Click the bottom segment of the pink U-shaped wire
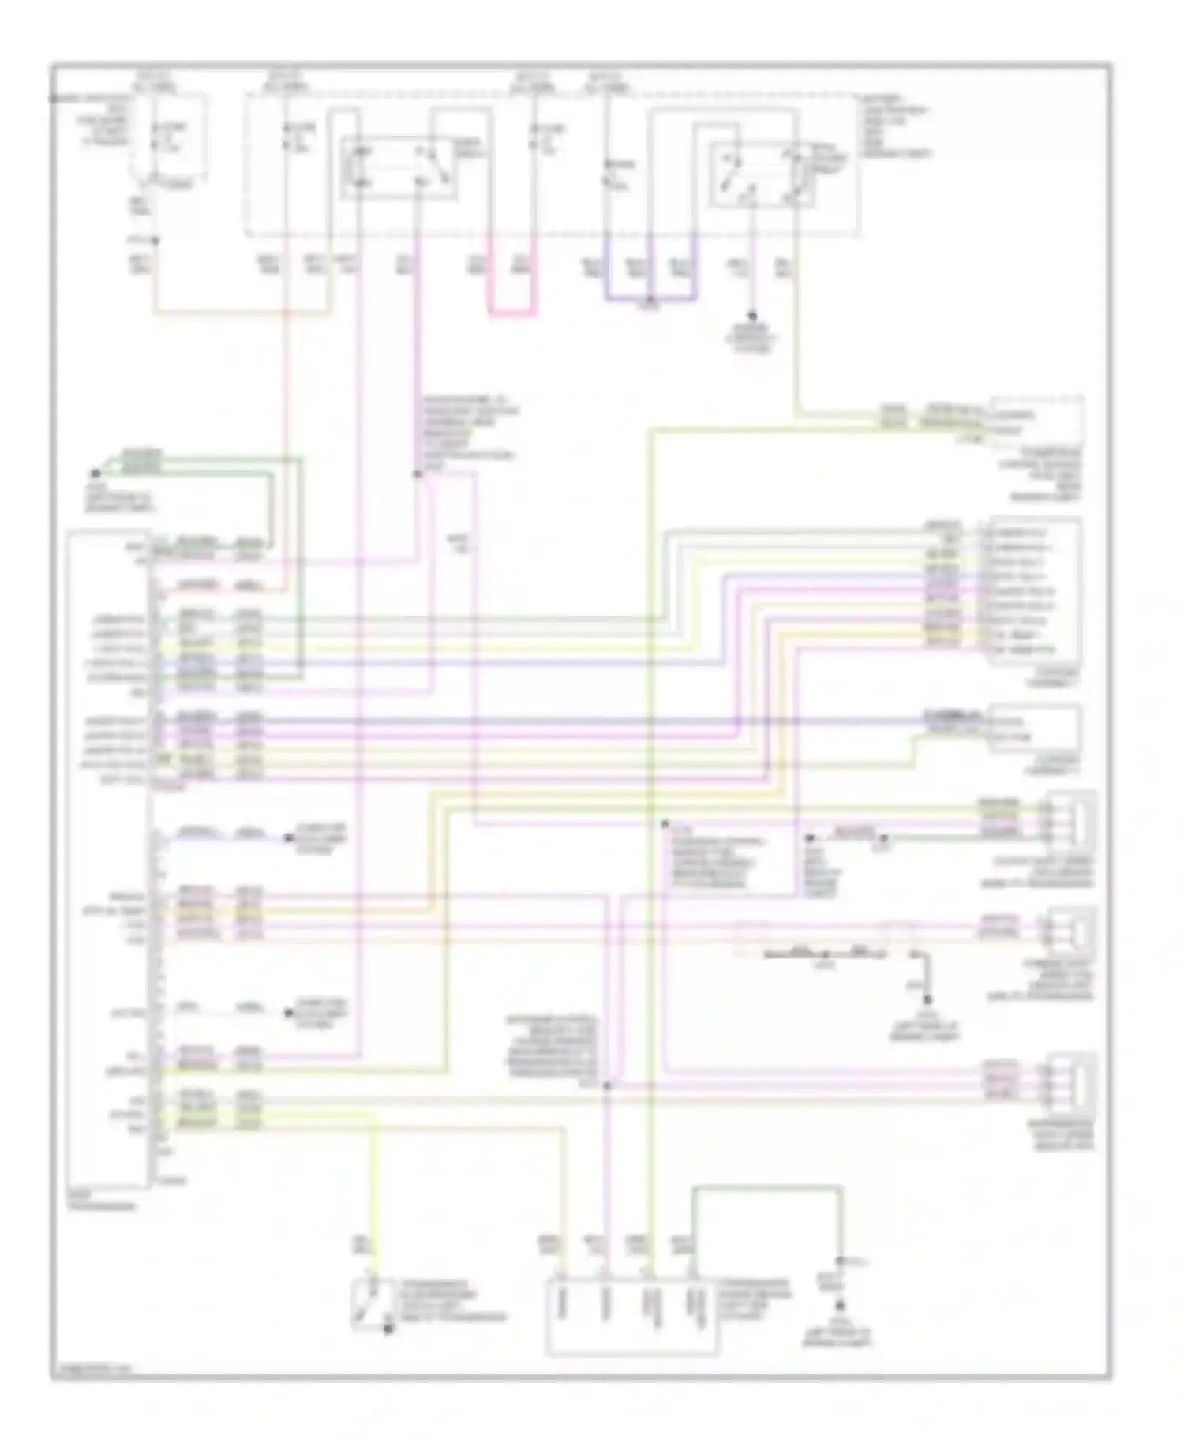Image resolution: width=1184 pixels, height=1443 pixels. [x=511, y=313]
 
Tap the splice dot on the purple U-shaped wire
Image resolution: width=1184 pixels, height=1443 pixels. [x=650, y=300]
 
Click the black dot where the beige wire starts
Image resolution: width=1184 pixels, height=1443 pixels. [x=155, y=240]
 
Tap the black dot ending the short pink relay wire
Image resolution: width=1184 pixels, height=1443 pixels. [x=751, y=315]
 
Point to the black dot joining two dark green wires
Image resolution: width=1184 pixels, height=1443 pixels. [x=95, y=474]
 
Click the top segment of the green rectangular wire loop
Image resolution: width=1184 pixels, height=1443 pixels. [x=766, y=1186]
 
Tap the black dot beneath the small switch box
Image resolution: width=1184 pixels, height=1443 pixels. [x=388, y=1331]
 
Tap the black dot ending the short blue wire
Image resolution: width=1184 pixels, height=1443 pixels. [x=288, y=838]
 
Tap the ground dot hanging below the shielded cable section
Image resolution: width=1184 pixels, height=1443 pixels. [x=927, y=1000]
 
